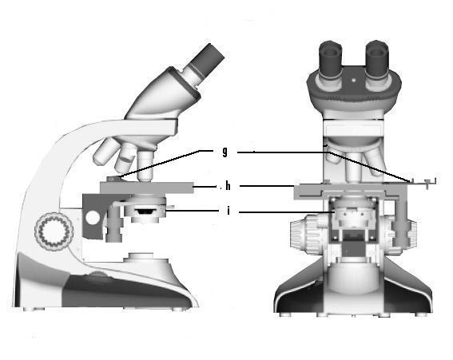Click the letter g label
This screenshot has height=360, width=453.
(x=225, y=152)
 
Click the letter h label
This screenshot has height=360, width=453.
(x=228, y=186)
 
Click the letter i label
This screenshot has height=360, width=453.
(x=228, y=211)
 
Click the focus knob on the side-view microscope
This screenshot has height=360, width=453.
(x=54, y=231)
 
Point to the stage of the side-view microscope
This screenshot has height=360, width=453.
(x=147, y=188)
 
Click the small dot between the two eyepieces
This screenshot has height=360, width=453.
(x=354, y=80)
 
